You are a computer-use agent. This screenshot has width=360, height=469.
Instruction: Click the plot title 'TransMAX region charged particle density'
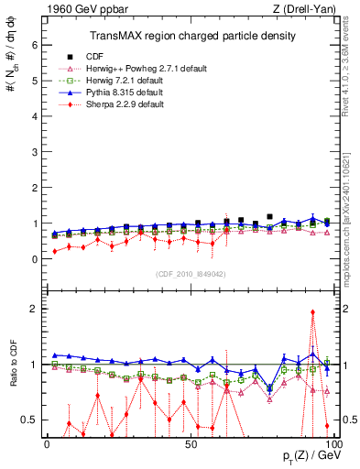pos(191,36)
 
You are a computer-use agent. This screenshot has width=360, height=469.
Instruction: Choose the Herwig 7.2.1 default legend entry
pos(137,81)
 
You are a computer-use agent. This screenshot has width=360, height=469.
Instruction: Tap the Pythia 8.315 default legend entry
pos(137,93)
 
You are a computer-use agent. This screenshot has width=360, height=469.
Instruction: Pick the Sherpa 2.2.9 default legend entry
pos(137,104)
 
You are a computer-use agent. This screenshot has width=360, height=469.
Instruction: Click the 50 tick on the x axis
pos(190,444)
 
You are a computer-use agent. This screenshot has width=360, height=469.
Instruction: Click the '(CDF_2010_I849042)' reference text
pos(191,272)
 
